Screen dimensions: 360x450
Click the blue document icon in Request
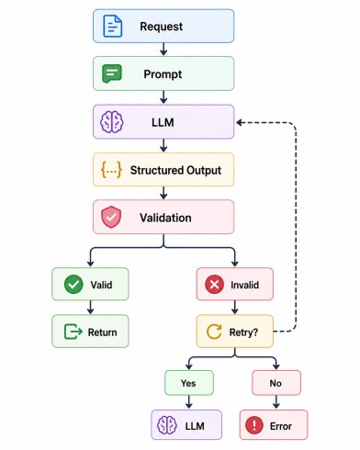pyautogui.click(x=112, y=26)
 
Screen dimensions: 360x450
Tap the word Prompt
pyautogui.click(x=163, y=74)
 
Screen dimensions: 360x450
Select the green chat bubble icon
pyautogui.click(x=112, y=73)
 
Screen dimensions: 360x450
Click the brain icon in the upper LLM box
pyautogui.click(x=112, y=122)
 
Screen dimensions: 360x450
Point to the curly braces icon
pyautogui.click(x=111, y=170)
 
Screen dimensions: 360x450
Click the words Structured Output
pyautogui.click(x=175, y=170)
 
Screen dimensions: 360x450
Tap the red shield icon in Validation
pyautogui.click(x=111, y=217)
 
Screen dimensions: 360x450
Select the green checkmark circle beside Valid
pyautogui.click(x=73, y=285)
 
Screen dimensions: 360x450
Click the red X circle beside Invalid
pyautogui.click(x=214, y=285)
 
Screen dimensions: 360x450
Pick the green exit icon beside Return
pyautogui.click(x=73, y=332)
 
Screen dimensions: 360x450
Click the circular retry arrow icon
pyautogui.click(x=214, y=332)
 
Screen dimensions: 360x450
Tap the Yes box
pyautogui.click(x=189, y=383)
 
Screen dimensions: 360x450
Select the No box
pyautogui.click(x=276, y=383)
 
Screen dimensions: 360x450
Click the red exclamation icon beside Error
pyautogui.click(x=254, y=425)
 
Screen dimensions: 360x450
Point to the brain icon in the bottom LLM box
pyautogui.click(x=167, y=425)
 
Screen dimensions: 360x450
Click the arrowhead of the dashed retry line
pyautogui.click(x=239, y=123)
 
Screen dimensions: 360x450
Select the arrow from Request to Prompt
pyautogui.click(x=163, y=50)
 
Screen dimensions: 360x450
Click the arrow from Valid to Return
pyautogui.click(x=90, y=308)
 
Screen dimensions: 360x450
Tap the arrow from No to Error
pyautogui.click(x=276, y=402)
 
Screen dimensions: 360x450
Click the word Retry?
pyautogui.click(x=243, y=332)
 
